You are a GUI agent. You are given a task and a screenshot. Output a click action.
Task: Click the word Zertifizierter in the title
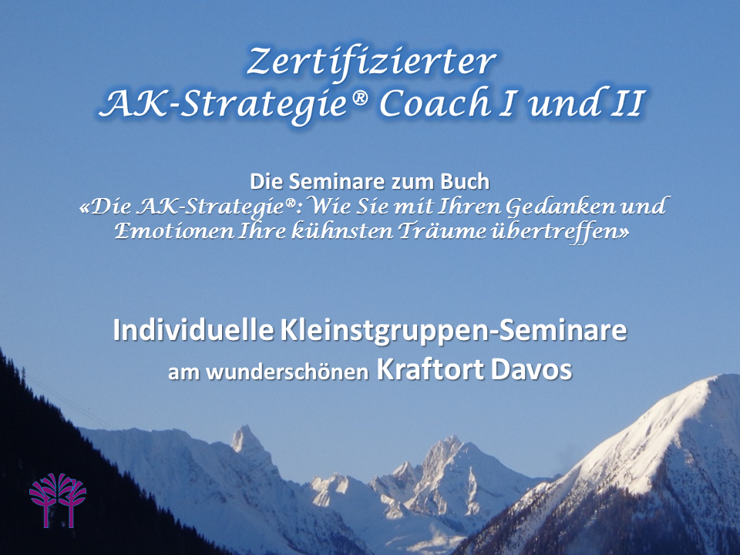tap(371, 62)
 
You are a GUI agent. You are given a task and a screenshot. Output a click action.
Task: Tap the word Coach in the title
tap(435, 103)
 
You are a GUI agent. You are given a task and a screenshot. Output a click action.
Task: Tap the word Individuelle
tap(193, 330)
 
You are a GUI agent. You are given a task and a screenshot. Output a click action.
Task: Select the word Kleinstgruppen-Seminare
tap(453, 331)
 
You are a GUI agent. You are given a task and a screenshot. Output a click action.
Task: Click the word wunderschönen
tap(288, 372)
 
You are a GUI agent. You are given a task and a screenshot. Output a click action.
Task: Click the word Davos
tap(531, 370)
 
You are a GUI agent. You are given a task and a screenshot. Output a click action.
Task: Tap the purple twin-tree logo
tap(58, 500)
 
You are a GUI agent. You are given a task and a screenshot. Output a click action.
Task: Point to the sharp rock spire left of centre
tap(245, 439)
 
